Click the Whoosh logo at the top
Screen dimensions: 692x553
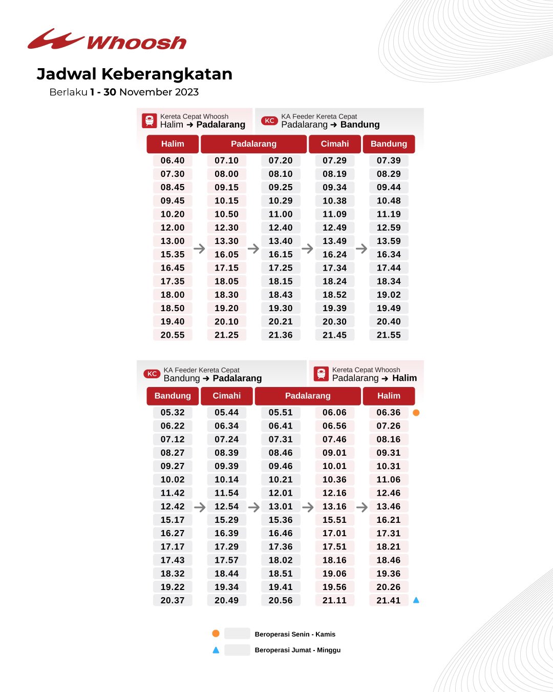click(107, 40)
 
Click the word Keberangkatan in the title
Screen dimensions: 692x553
click(167, 74)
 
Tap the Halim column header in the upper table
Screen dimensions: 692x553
click(173, 144)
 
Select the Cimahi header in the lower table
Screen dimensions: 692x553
click(226, 396)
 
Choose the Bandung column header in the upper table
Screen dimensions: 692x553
click(389, 144)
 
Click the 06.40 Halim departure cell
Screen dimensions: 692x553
click(173, 160)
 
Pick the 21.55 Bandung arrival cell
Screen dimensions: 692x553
click(389, 335)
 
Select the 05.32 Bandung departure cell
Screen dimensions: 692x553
click(173, 413)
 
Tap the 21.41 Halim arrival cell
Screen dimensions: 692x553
click(389, 600)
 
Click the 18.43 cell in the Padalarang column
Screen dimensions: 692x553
click(281, 295)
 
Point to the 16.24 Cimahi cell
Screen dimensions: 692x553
click(334, 254)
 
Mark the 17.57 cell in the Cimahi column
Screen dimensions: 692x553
click(226, 560)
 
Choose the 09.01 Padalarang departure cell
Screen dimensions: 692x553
click(334, 453)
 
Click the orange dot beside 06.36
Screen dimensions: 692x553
click(416, 413)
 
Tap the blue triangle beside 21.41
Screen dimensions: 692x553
click(416, 600)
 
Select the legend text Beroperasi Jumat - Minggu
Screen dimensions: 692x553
click(297, 650)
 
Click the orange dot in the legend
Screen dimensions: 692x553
click(216, 634)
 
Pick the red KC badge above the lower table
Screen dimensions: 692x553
click(152, 374)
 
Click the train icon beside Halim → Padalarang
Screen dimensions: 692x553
click(149, 121)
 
